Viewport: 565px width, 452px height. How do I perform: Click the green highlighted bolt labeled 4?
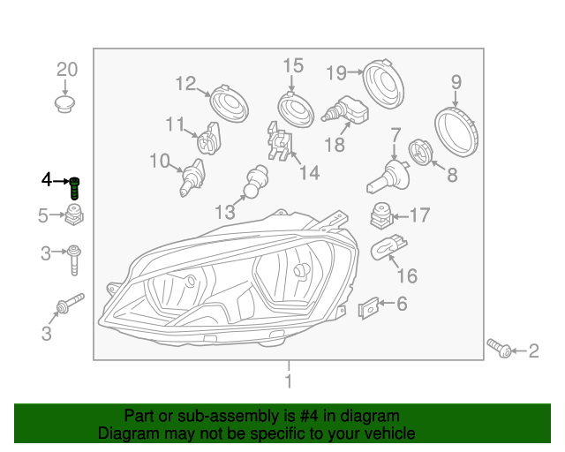[74, 188]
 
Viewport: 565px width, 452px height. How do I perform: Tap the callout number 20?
[67, 70]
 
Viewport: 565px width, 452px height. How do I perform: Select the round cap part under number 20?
[65, 104]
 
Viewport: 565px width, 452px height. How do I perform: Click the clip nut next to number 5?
[74, 215]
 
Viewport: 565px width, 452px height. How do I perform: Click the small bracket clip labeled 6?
[369, 308]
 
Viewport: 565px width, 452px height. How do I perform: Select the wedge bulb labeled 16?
[388, 247]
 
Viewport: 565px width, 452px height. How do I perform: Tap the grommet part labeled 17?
[381, 216]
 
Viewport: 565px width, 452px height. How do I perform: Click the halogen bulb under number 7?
[388, 177]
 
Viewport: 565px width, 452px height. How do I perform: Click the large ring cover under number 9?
[456, 132]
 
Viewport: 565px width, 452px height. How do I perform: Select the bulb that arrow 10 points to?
[192, 177]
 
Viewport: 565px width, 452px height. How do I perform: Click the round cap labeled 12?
[230, 103]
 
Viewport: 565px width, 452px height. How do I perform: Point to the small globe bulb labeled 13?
[256, 181]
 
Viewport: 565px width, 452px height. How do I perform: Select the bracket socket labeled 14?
[280, 141]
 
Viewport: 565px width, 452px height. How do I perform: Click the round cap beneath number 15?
[296, 109]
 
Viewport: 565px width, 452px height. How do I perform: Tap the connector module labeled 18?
[345, 109]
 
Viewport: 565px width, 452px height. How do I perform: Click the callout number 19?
[336, 73]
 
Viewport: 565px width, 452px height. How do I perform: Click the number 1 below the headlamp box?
[289, 381]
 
